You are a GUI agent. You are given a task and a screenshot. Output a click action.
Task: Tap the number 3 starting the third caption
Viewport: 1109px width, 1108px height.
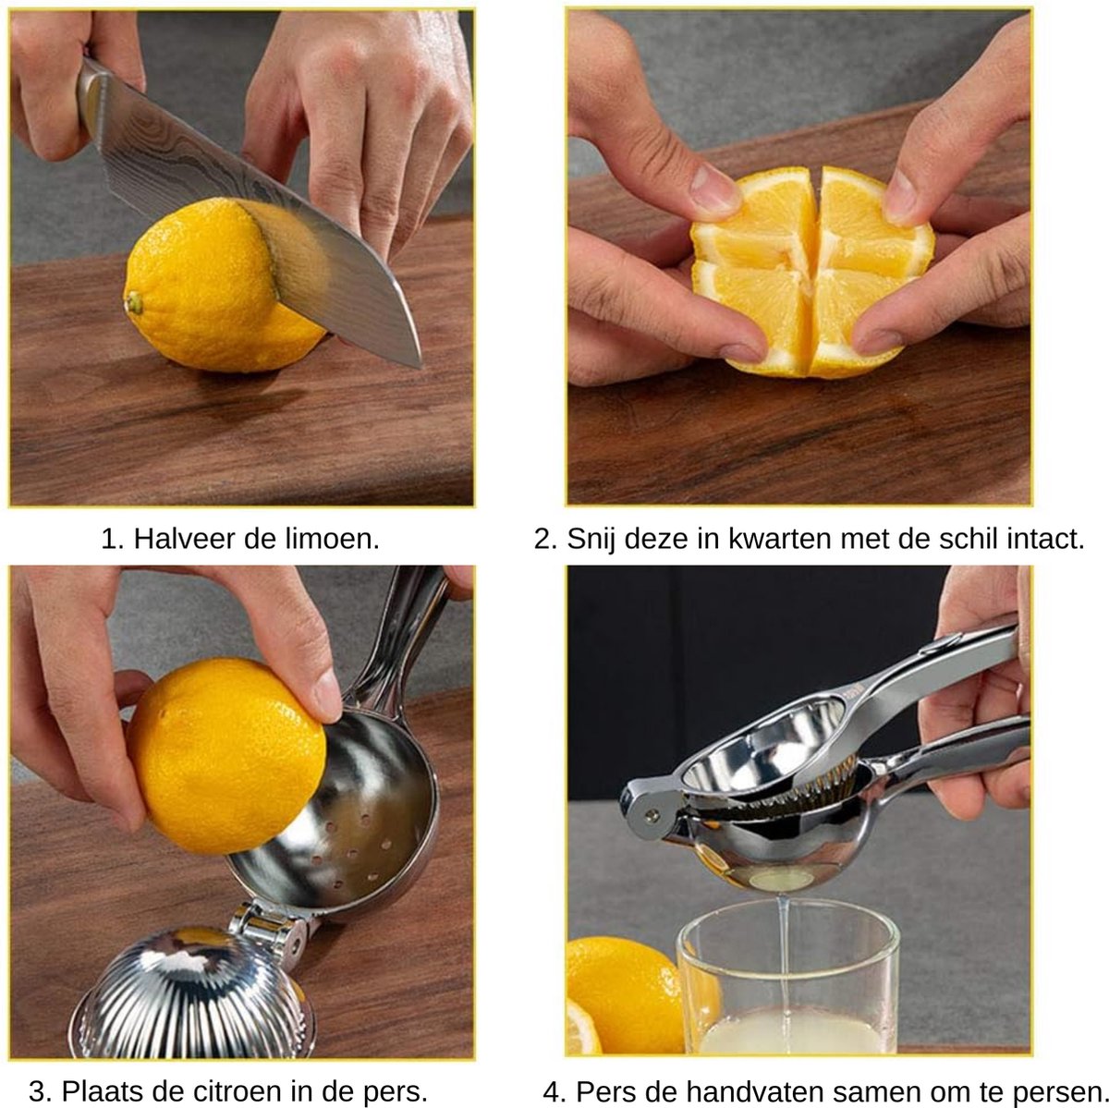(42, 1091)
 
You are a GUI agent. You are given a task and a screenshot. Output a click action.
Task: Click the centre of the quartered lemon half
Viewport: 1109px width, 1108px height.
(811, 262)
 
